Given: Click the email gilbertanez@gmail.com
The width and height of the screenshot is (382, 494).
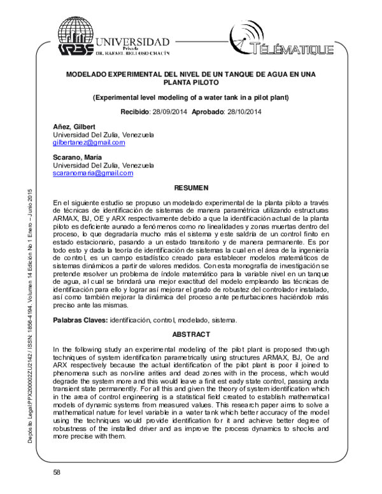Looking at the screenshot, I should click(x=88, y=144).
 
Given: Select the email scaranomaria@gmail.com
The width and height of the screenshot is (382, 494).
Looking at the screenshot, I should click(x=92, y=173).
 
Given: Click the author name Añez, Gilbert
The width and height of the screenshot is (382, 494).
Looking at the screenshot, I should click(x=74, y=127).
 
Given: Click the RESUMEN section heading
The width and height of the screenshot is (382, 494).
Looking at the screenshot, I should click(x=192, y=188).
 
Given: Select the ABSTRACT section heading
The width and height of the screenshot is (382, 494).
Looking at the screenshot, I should click(x=192, y=334).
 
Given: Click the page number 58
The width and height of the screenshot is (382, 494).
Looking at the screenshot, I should click(x=57, y=472).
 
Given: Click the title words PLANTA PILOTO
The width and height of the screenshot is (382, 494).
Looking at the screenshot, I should click(x=192, y=83).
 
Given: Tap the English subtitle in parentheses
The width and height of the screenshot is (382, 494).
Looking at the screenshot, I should click(x=192, y=98).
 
